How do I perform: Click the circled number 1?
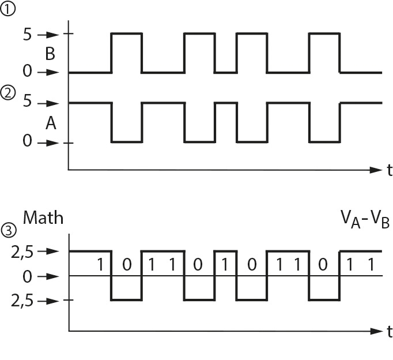[7, 9]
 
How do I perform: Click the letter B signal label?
[50, 54]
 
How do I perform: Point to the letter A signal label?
[50, 123]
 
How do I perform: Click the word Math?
[43, 218]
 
